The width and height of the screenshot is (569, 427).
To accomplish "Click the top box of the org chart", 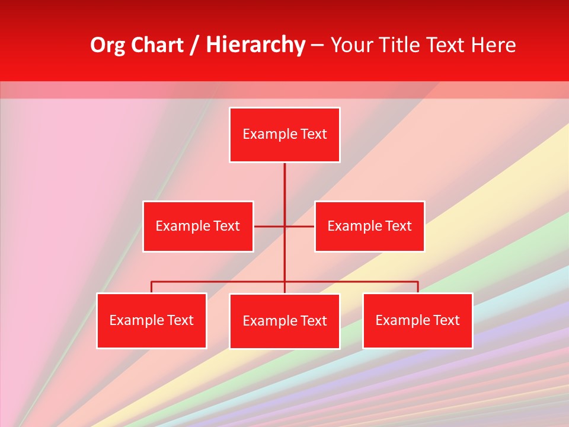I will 284,135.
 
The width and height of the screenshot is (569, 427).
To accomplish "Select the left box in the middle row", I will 198,226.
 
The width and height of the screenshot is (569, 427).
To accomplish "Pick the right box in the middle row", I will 369,226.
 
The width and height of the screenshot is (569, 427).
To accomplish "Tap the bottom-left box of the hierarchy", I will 152,320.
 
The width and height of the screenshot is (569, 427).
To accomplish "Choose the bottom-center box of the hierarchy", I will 284,321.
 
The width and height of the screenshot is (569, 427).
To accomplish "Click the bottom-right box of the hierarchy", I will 417,320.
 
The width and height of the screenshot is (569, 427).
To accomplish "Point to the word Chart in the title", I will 157,45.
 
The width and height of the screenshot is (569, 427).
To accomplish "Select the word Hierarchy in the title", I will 255,45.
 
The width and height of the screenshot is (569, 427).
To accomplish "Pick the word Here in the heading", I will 493,45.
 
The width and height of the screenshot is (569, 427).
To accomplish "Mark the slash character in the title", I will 194,45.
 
